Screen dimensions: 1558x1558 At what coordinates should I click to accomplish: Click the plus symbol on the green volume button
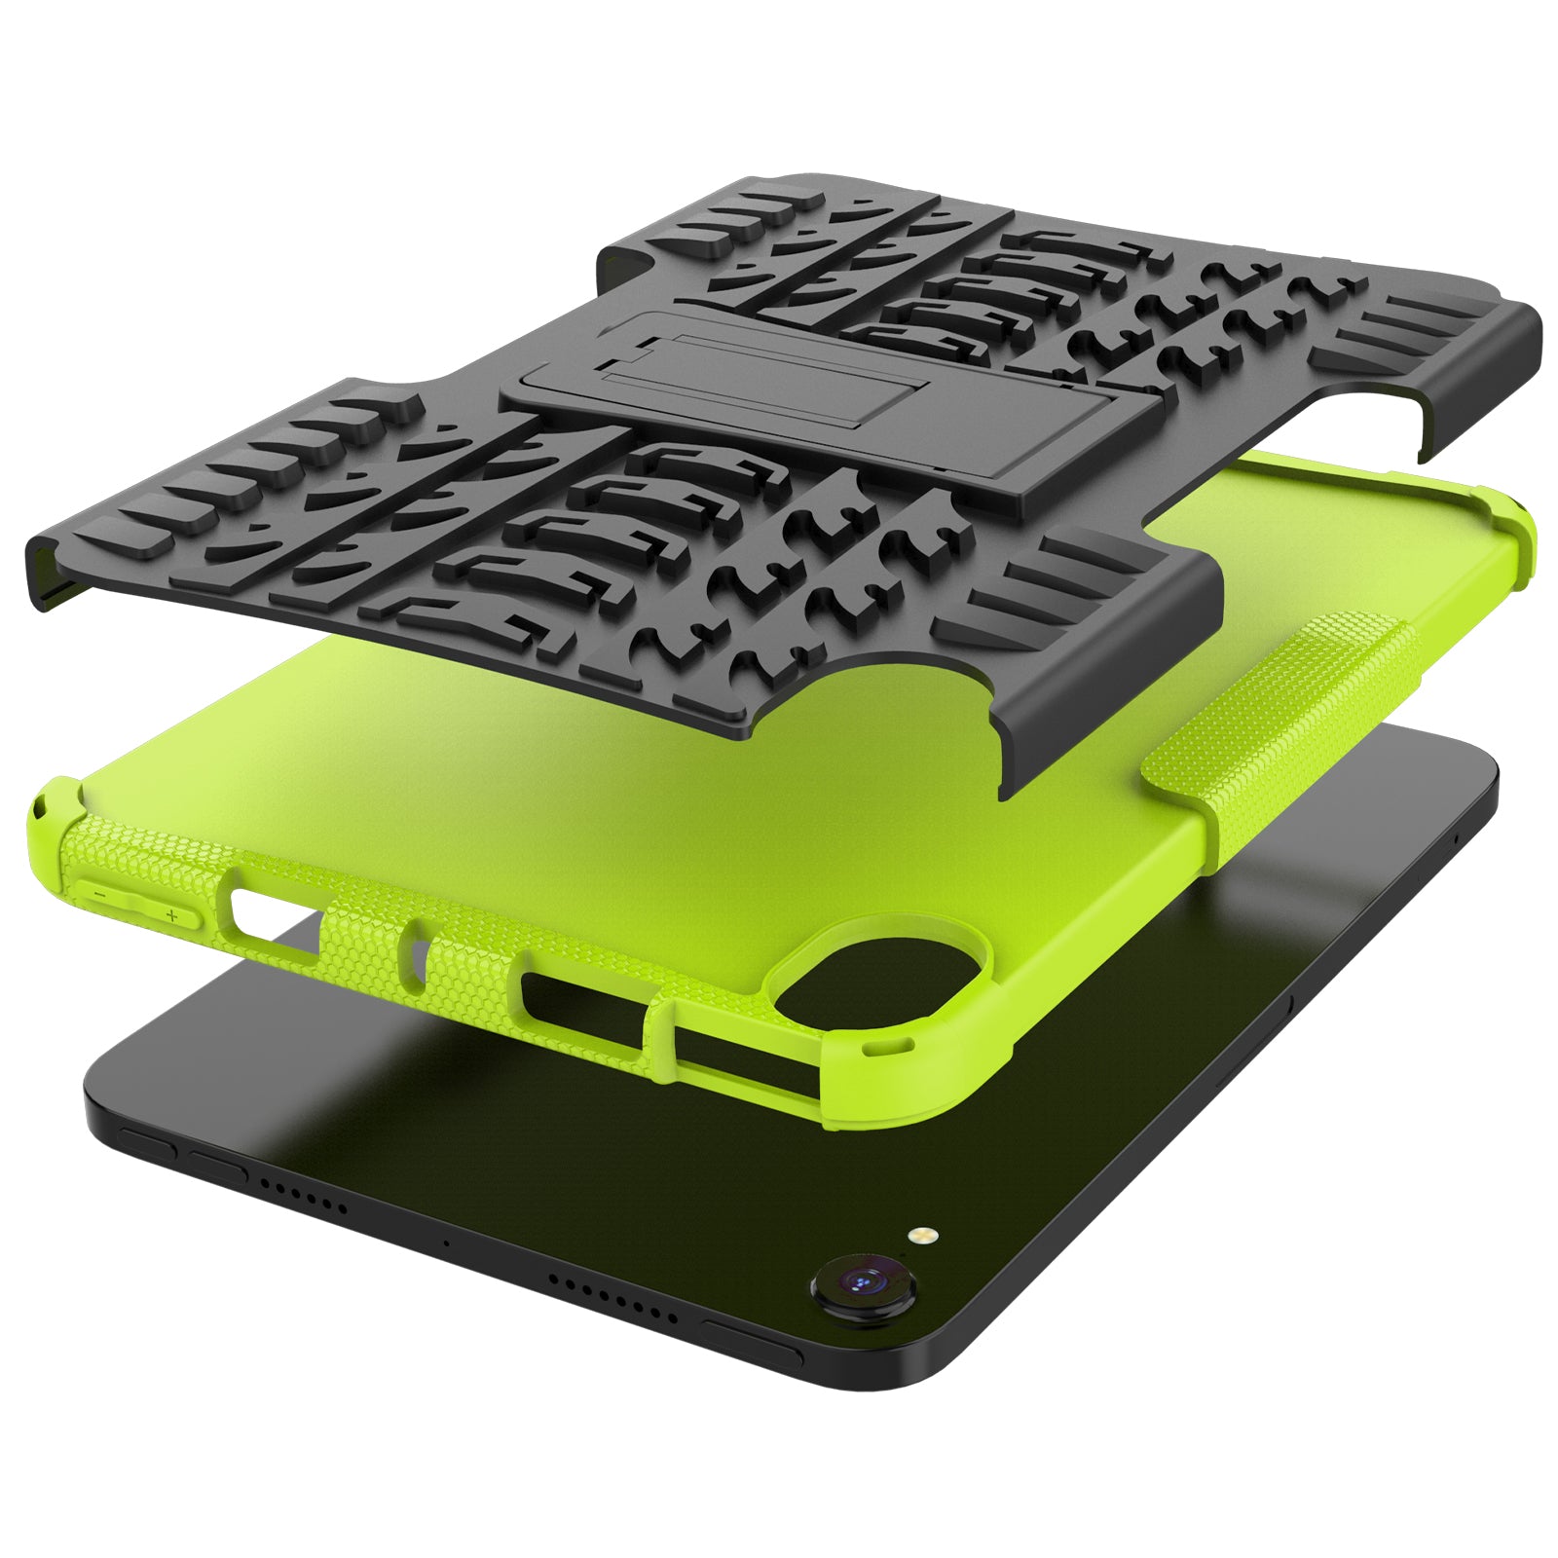tap(172, 916)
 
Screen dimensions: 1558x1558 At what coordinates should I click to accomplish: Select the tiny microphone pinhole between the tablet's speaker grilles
tap(446, 1243)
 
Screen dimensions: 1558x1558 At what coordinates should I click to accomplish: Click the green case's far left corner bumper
tap(54, 798)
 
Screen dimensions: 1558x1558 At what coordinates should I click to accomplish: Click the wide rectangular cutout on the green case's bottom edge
tap(584, 1003)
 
